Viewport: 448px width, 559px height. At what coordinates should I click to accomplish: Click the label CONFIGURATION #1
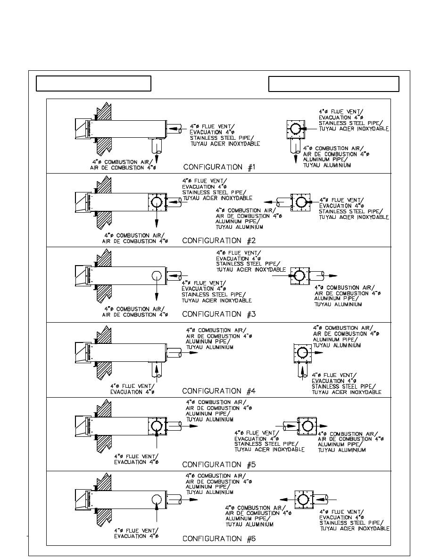click(219, 167)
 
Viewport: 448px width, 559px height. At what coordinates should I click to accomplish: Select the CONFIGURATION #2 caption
click(219, 241)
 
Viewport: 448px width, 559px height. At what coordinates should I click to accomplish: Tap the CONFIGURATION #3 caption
click(219, 314)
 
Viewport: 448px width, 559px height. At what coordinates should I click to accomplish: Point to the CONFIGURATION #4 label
click(219, 391)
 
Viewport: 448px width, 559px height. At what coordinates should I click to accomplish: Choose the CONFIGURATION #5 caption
click(219, 465)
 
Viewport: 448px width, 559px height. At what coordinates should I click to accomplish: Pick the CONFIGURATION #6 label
click(219, 539)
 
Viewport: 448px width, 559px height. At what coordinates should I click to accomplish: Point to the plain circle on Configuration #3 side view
click(157, 276)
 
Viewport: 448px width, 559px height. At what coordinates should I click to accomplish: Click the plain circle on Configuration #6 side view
click(157, 500)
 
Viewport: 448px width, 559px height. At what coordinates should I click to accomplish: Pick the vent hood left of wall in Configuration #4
click(81, 352)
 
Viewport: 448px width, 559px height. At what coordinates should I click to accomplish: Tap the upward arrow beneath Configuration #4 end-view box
click(303, 371)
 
